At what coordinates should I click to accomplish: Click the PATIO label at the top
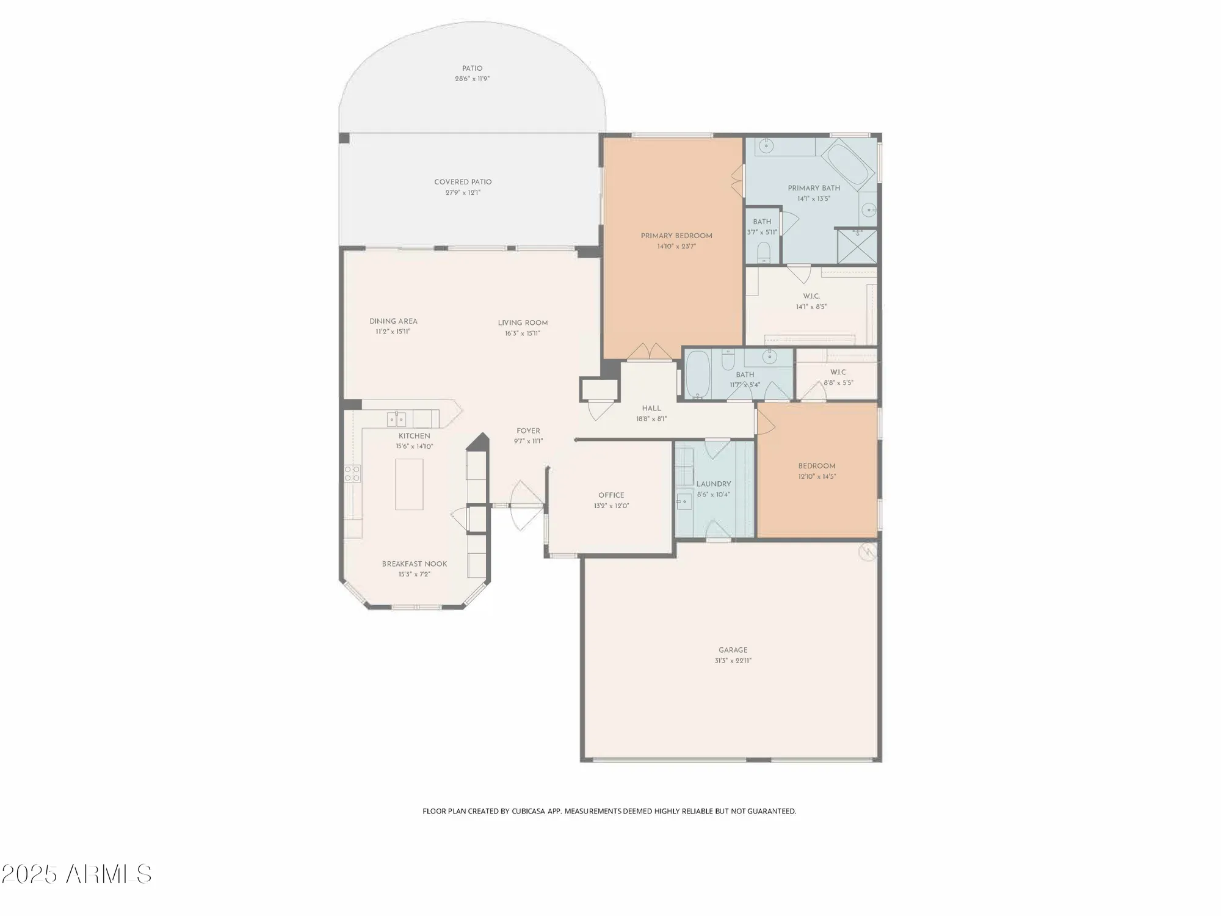point(472,68)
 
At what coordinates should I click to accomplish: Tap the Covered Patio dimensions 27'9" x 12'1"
point(463,192)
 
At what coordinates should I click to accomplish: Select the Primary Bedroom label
point(676,236)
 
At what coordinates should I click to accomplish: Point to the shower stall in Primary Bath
point(857,247)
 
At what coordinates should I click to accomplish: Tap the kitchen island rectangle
point(409,484)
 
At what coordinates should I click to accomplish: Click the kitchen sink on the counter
point(396,419)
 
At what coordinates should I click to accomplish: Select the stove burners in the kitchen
point(352,473)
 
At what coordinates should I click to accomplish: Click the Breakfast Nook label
point(415,564)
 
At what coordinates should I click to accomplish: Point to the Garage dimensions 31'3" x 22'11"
point(733,661)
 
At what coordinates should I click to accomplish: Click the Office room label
point(611,495)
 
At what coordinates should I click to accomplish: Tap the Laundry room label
point(714,484)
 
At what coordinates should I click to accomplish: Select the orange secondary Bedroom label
point(817,466)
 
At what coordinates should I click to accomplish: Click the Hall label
point(651,409)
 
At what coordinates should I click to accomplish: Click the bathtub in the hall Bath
point(697,374)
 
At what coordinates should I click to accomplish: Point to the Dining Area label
point(393,321)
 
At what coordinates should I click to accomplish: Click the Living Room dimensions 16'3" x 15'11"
point(523,333)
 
